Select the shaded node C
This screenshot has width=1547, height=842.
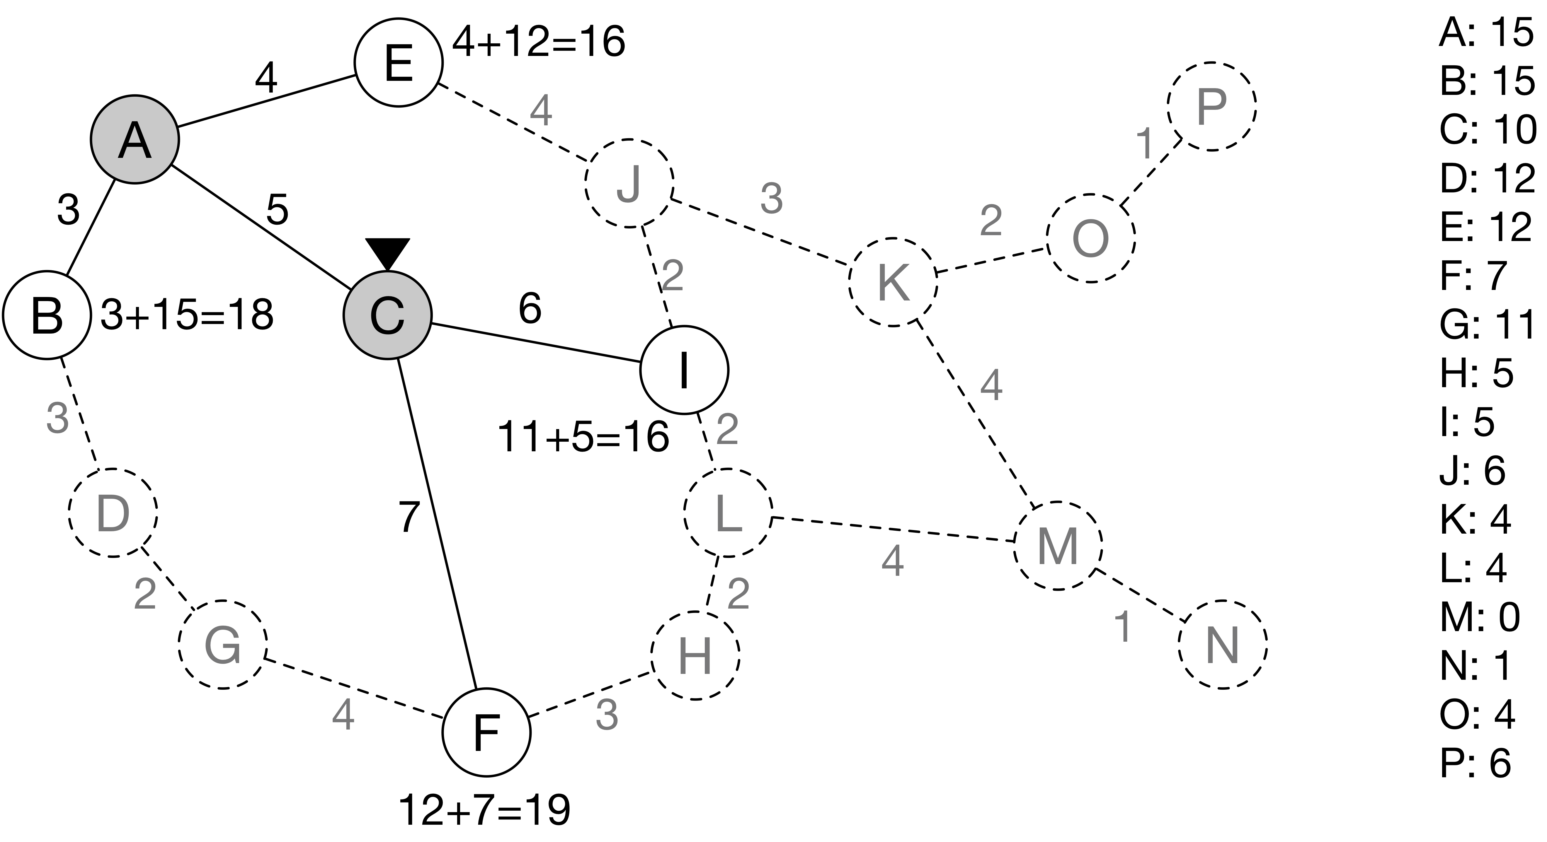click(387, 315)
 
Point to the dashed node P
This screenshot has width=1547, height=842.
click(1211, 106)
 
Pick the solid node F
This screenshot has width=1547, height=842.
click(486, 732)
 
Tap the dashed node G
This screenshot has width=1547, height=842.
click(222, 645)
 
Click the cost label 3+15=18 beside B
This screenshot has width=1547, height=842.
click(187, 315)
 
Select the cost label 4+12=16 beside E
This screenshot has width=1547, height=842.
click(538, 42)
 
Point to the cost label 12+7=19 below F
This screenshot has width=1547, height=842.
click(484, 810)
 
